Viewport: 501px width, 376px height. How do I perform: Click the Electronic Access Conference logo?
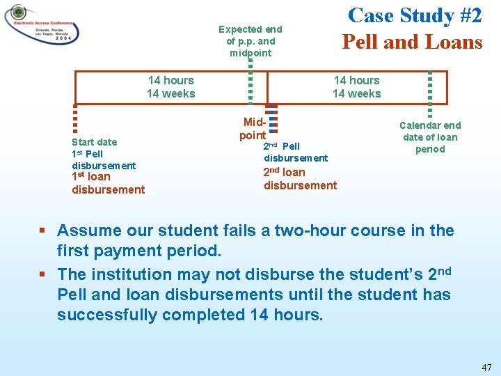click(x=42, y=26)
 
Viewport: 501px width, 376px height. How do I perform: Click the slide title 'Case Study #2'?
click(x=411, y=15)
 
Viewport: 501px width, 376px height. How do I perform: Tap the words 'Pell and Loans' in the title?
click(x=411, y=42)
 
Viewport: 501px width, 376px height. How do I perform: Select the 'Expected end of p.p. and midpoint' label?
click(x=250, y=41)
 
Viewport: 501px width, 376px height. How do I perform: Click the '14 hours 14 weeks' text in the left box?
click(x=170, y=87)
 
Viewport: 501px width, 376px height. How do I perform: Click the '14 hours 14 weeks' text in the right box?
click(x=356, y=87)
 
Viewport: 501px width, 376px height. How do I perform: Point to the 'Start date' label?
click(x=95, y=142)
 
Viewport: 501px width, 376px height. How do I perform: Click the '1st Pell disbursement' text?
click(x=103, y=159)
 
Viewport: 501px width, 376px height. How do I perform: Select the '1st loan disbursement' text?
click(x=108, y=183)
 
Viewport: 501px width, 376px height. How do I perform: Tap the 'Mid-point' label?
click(x=253, y=129)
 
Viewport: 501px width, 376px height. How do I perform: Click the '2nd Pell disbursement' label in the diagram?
click(x=295, y=152)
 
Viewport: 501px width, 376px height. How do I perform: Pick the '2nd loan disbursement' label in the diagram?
click(x=300, y=178)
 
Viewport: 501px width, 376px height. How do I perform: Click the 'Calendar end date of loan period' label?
click(x=429, y=137)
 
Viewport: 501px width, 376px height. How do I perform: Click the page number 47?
click(x=486, y=366)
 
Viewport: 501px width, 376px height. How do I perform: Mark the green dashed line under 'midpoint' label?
click(x=250, y=82)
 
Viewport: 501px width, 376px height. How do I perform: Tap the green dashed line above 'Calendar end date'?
click(x=430, y=93)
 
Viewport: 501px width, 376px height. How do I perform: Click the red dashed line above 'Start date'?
click(x=75, y=118)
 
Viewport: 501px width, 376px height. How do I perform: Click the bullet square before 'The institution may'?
click(x=42, y=274)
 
